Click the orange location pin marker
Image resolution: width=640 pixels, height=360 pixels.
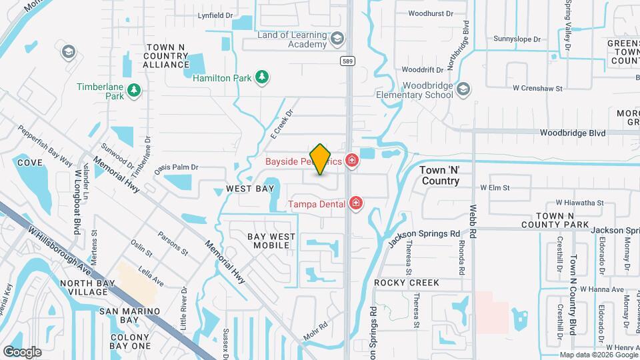pyautogui.click(x=321, y=159)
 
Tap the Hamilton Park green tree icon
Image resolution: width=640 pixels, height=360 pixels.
pyautogui.click(x=263, y=78)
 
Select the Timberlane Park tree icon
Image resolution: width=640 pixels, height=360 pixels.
pyautogui.click(x=134, y=89)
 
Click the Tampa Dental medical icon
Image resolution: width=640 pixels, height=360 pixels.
pyautogui.click(x=356, y=203)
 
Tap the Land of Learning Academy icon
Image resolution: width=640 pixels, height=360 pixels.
pyautogui.click(x=337, y=40)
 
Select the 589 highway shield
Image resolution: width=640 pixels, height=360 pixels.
pyautogui.click(x=347, y=61)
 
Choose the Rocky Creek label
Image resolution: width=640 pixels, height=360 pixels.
pyautogui.click(x=407, y=283)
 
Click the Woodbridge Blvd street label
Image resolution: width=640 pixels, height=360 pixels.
pyautogui.click(x=573, y=133)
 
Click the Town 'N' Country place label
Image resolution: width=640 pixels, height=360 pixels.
pyautogui.click(x=441, y=175)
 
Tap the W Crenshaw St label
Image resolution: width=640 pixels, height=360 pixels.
pyautogui.click(x=538, y=88)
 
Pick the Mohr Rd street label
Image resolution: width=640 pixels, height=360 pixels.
pyautogui.click(x=315, y=331)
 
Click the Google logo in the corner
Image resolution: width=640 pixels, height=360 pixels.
pyautogui.click(x=22, y=351)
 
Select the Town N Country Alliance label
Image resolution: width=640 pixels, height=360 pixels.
pyautogui.click(x=166, y=56)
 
